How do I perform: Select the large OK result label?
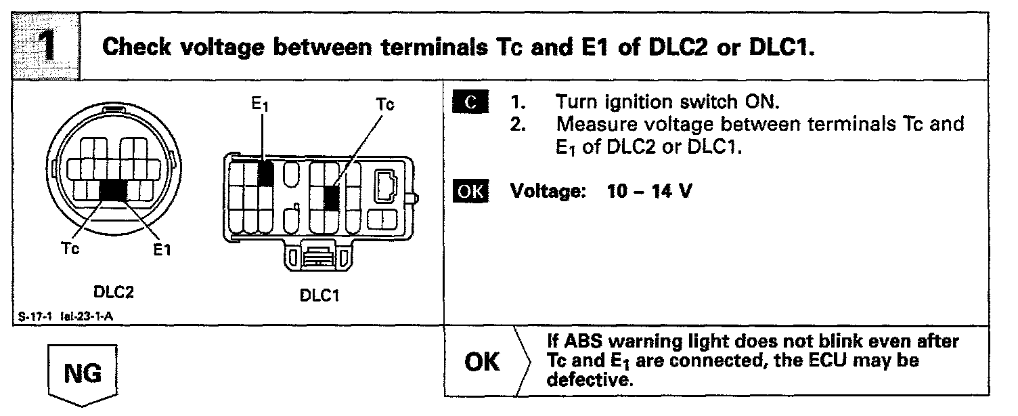pos(483,362)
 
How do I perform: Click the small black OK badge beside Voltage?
pos(468,192)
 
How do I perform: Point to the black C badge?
pos(468,103)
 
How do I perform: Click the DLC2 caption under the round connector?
pos(113,293)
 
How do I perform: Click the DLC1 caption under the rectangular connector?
pos(319,296)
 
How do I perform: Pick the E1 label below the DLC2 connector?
pos(162,250)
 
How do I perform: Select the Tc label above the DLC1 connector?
pos(384,105)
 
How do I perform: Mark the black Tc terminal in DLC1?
pos(331,198)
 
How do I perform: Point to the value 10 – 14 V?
pos(649,192)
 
